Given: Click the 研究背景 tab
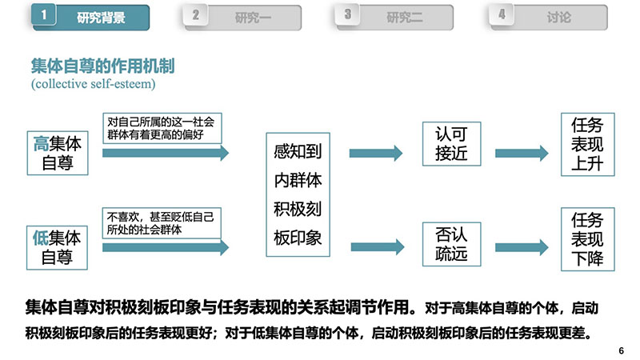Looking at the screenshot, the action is [90, 18].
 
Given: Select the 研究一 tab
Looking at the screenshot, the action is [242, 18].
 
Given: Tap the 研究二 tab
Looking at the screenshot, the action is [394, 18].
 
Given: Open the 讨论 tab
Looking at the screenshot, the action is [549, 18].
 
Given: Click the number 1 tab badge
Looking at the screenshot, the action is [43, 14].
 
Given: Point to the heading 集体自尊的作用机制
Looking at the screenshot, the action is [103, 66].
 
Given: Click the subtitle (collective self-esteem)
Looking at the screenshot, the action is [94, 84].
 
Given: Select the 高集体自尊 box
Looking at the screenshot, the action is [58, 153].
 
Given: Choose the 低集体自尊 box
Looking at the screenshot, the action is [57, 248].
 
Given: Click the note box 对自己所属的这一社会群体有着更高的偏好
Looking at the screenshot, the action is [162, 128].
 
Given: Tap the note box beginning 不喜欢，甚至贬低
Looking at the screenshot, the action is [162, 223].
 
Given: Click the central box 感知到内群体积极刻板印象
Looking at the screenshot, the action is [298, 194].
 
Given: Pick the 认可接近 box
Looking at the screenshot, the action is [451, 144].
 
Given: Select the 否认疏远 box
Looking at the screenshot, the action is [451, 244].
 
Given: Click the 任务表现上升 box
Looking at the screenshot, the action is [588, 145].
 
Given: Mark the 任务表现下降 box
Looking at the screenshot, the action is [588, 239].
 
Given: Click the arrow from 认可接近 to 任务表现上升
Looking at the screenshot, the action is [522, 153].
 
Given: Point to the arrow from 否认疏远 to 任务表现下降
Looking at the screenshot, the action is [522, 247].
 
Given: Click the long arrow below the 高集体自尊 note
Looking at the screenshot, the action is [166, 153].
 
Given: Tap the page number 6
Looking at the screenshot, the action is [622, 350].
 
